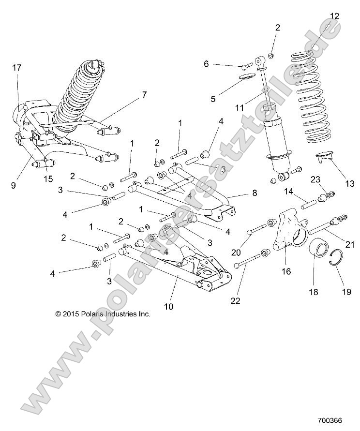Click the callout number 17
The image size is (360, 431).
point(17,68)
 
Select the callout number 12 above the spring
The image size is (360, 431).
point(334,16)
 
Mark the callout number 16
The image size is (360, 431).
point(286,271)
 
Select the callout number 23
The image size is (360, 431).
point(315,180)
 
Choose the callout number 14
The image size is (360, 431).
point(288,192)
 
